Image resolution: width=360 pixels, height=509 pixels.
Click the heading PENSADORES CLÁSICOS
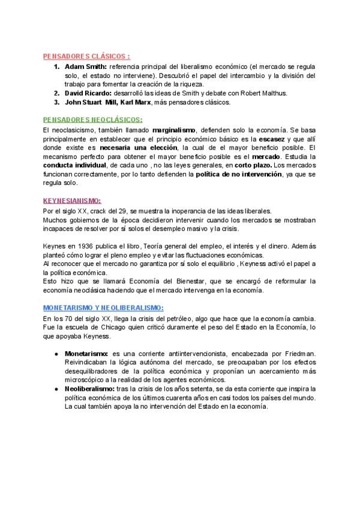click(86, 56)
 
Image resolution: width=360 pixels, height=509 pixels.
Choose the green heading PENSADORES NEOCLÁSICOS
click(93, 119)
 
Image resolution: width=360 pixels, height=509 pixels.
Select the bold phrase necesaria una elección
click(134, 148)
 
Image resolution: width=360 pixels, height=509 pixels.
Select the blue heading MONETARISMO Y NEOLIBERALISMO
click(104, 307)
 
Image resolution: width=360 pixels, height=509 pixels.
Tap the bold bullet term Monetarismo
click(86, 354)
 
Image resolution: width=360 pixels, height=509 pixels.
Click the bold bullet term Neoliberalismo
click(89, 390)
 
